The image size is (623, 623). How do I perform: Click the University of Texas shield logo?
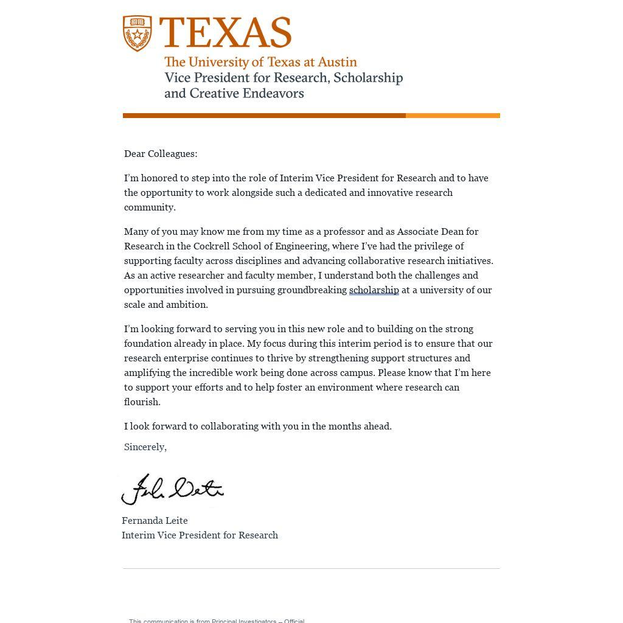tap(137, 33)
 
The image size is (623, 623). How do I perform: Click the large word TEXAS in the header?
tap(225, 33)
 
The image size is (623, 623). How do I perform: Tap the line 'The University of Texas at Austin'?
tap(260, 62)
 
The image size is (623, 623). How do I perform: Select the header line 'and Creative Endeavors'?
tap(234, 94)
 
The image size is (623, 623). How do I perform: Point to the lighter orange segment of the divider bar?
tap(453, 116)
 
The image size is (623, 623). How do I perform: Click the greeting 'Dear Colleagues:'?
tap(161, 154)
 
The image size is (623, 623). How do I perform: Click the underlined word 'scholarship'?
tap(374, 290)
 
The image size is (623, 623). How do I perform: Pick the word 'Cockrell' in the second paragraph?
tap(211, 246)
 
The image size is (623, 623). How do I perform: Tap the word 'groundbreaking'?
tap(311, 290)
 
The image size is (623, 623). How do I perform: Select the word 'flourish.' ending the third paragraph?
tap(142, 402)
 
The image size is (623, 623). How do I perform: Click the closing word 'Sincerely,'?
tap(145, 447)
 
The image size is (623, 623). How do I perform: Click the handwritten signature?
tap(172, 490)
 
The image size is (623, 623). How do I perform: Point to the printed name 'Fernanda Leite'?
tap(155, 521)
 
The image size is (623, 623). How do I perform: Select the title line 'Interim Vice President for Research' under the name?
tap(200, 535)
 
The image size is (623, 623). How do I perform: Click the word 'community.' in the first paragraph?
tap(150, 207)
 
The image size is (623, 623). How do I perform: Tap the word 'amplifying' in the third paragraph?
tap(147, 373)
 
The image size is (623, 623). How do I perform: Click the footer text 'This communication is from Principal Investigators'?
tap(216, 621)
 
